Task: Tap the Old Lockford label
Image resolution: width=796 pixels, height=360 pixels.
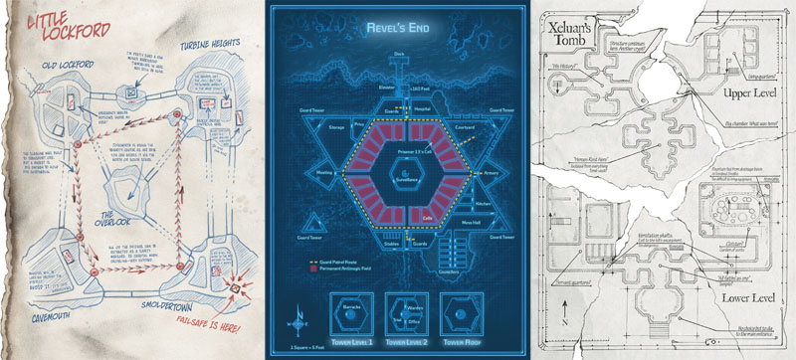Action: pyautogui.click(x=59, y=69)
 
